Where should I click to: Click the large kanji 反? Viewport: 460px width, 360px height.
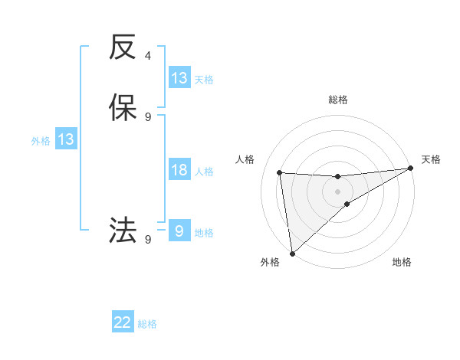pyautogui.click(x=123, y=48)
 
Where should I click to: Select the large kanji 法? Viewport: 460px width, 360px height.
pyautogui.click(x=123, y=230)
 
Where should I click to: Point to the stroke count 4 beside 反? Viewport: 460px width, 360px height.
pyautogui.click(x=148, y=56)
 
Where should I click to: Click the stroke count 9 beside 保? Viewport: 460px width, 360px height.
pyautogui.click(x=148, y=116)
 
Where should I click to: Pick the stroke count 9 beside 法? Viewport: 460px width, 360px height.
pyautogui.click(x=148, y=239)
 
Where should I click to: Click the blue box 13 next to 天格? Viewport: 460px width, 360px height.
pyautogui.click(x=179, y=78)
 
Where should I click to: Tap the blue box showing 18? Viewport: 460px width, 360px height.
pyautogui.click(x=179, y=171)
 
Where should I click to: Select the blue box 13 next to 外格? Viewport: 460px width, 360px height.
pyautogui.click(x=66, y=139)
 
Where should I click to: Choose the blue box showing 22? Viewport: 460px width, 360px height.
pyautogui.click(x=123, y=322)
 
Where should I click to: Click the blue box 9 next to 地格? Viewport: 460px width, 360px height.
pyautogui.click(x=179, y=231)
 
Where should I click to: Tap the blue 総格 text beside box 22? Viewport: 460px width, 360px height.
pyautogui.click(x=147, y=324)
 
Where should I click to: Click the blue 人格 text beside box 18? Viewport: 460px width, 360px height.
pyautogui.click(x=204, y=172)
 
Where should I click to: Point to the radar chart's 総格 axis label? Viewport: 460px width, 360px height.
pyautogui.click(x=338, y=100)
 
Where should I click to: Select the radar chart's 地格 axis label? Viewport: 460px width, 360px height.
pyautogui.click(x=402, y=262)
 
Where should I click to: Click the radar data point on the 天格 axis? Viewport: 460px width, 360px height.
pyautogui.click(x=411, y=169)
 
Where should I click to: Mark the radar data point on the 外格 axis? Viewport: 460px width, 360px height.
pyautogui.click(x=292, y=253)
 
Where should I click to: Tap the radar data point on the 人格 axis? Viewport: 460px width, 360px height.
pyautogui.click(x=280, y=172)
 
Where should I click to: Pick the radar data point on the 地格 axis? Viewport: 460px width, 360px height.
pyautogui.click(x=347, y=204)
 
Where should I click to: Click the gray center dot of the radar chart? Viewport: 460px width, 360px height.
pyautogui.click(x=338, y=191)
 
